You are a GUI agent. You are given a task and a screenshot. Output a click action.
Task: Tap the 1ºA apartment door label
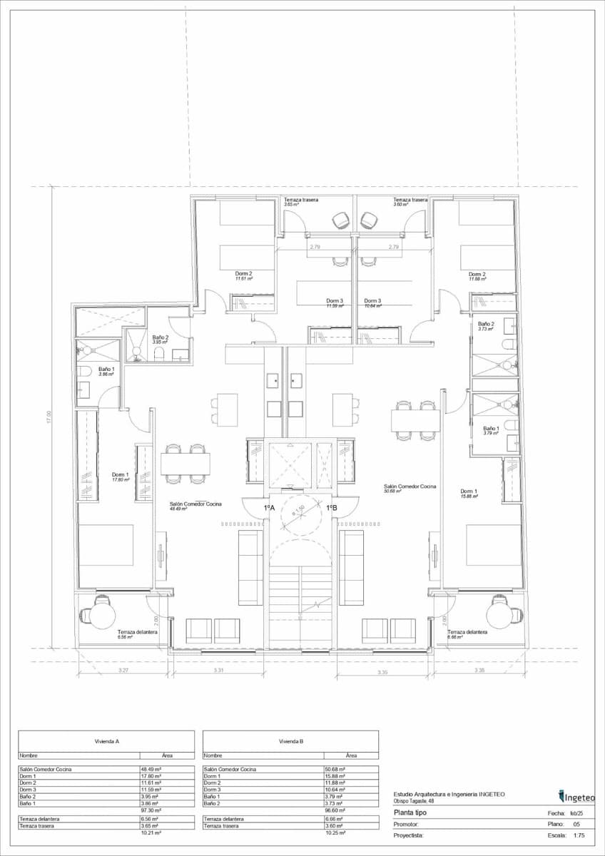(x=270, y=507)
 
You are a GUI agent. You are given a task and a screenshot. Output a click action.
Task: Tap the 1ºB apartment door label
(x=332, y=507)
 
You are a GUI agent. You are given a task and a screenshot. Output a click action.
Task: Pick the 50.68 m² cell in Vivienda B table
(x=335, y=770)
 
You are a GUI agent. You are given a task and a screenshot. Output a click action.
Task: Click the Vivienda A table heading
(x=106, y=741)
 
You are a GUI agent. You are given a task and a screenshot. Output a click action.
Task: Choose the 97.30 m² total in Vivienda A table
(x=151, y=811)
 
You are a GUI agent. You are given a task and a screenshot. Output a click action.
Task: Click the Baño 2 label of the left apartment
(x=161, y=337)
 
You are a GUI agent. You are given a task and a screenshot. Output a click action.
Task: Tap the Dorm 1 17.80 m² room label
(x=120, y=477)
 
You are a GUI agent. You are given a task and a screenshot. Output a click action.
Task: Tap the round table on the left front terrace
(x=103, y=616)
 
